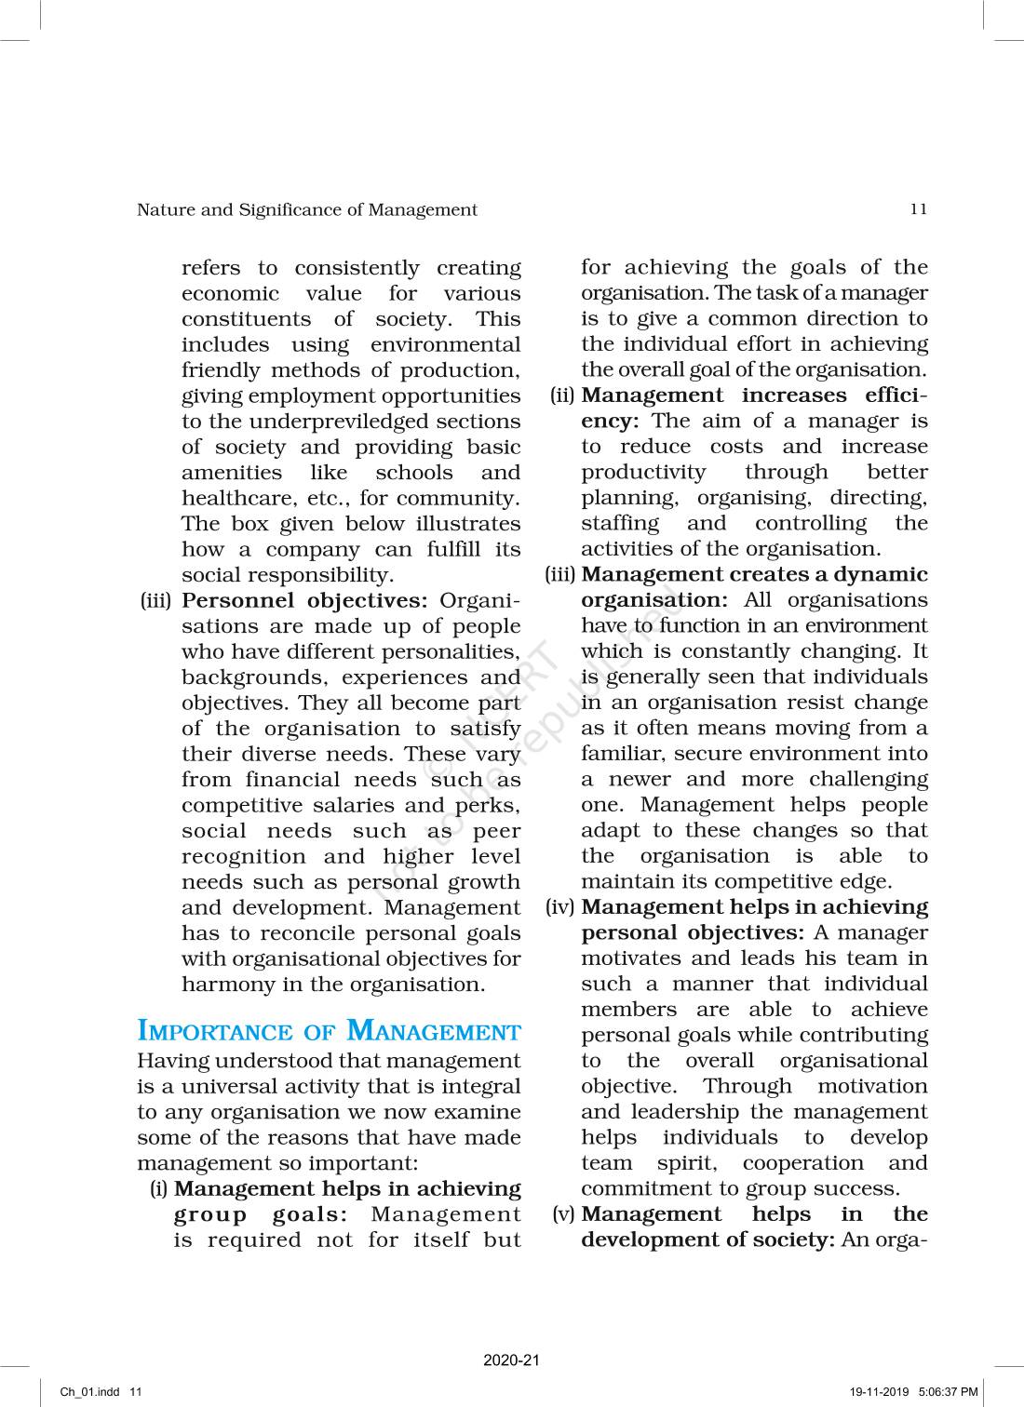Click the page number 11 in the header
coord(918,209)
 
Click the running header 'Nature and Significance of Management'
coord(307,210)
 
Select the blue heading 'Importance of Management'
coord(329,1032)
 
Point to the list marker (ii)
coord(562,395)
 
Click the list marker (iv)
coord(560,907)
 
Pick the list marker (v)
coord(563,1214)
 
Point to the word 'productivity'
coord(643,473)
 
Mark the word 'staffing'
coord(620,524)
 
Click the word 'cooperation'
coord(802,1163)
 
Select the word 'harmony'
coord(223,985)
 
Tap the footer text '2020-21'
coord(511,1360)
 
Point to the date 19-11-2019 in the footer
coord(879,1392)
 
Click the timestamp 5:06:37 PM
coord(948,1392)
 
